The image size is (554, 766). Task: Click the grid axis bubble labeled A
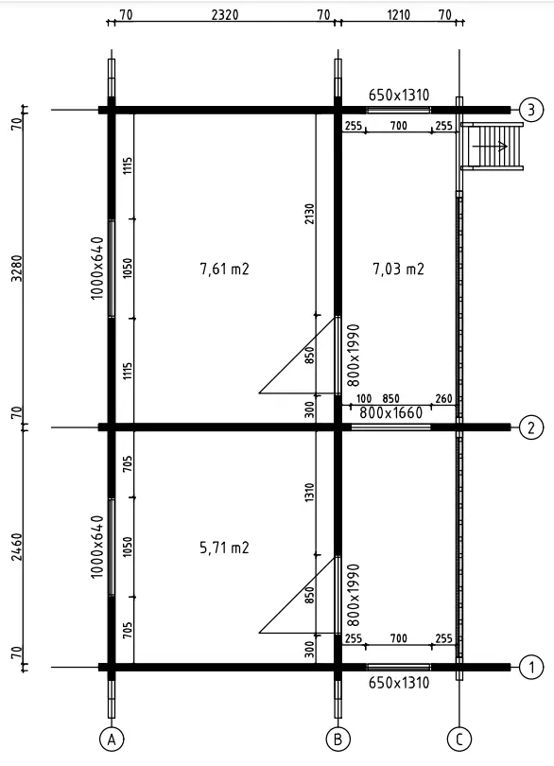[x=112, y=740]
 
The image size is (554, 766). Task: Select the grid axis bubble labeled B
[x=338, y=740]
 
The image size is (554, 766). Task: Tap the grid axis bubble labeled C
[x=459, y=740]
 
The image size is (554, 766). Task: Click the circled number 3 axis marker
[x=531, y=110]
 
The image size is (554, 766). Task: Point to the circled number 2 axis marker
[x=531, y=427]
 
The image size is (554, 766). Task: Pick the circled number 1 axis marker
[x=531, y=667]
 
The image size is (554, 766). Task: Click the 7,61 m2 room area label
[x=225, y=269]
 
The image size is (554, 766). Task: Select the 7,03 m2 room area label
[x=399, y=269]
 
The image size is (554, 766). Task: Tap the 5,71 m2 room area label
[x=225, y=548]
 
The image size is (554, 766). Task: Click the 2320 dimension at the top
[x=225, y=14]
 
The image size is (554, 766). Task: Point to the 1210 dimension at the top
[x=399, y=14]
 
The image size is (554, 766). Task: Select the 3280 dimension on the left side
[x=17, y=268]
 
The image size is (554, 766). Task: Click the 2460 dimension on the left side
[x=17, y=548]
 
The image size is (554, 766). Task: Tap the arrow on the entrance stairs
[x=490, y=146]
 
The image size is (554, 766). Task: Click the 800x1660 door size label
[x=390, y=413]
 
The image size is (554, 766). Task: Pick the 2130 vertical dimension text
[x=309, y=214]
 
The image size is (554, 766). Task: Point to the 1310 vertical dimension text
[x=309, y=494]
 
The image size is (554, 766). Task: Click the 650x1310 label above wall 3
[x=399, y=95]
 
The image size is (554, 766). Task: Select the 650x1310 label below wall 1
[x=399, y=683]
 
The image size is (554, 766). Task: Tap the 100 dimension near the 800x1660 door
[x=364, y=399]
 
